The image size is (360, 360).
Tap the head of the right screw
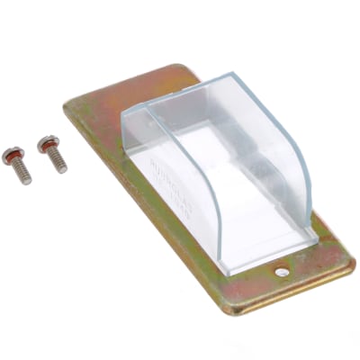click(x=44, y=143)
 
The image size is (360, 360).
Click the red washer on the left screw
click(x=14, y=160)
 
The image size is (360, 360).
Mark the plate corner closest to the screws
click(x=67, y=105)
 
